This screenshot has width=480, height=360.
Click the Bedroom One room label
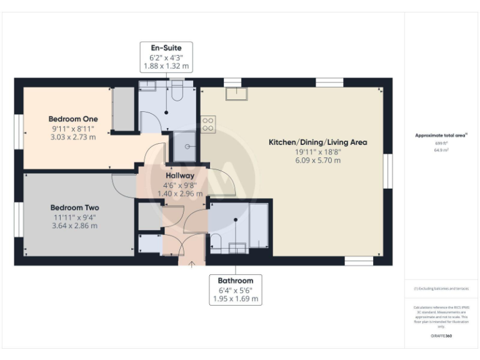click(74, 119)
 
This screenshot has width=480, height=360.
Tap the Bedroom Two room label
click(74, 207)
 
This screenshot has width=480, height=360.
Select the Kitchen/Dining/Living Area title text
click(317, 142)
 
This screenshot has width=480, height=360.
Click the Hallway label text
click(180, 176)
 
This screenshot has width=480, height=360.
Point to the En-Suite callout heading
click(166, 47)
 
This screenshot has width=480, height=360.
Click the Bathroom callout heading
click(236, 281)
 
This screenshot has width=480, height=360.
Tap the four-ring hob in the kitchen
click(207, 124)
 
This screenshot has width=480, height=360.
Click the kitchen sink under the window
click(236, 94)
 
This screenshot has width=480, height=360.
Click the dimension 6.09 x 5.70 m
click(317, 161)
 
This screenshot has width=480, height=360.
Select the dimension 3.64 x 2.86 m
click(74, 226)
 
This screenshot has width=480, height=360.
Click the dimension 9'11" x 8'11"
click(74, 128)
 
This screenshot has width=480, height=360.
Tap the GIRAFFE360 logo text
click(441, 336)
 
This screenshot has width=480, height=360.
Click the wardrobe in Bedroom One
click(124, 110)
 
